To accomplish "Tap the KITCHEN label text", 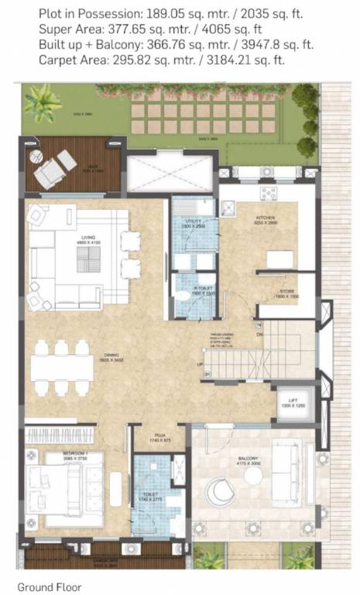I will click(x=266, y=219).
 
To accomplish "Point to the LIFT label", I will click(x=288, y=403).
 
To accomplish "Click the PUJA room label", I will click(x=161, y=438).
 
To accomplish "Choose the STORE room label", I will click(x=287, y=292).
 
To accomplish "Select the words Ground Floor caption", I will click(x=50, y=587).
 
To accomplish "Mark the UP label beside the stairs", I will click(x=199, y=363).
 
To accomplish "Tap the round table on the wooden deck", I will click(x=36, y=156).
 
